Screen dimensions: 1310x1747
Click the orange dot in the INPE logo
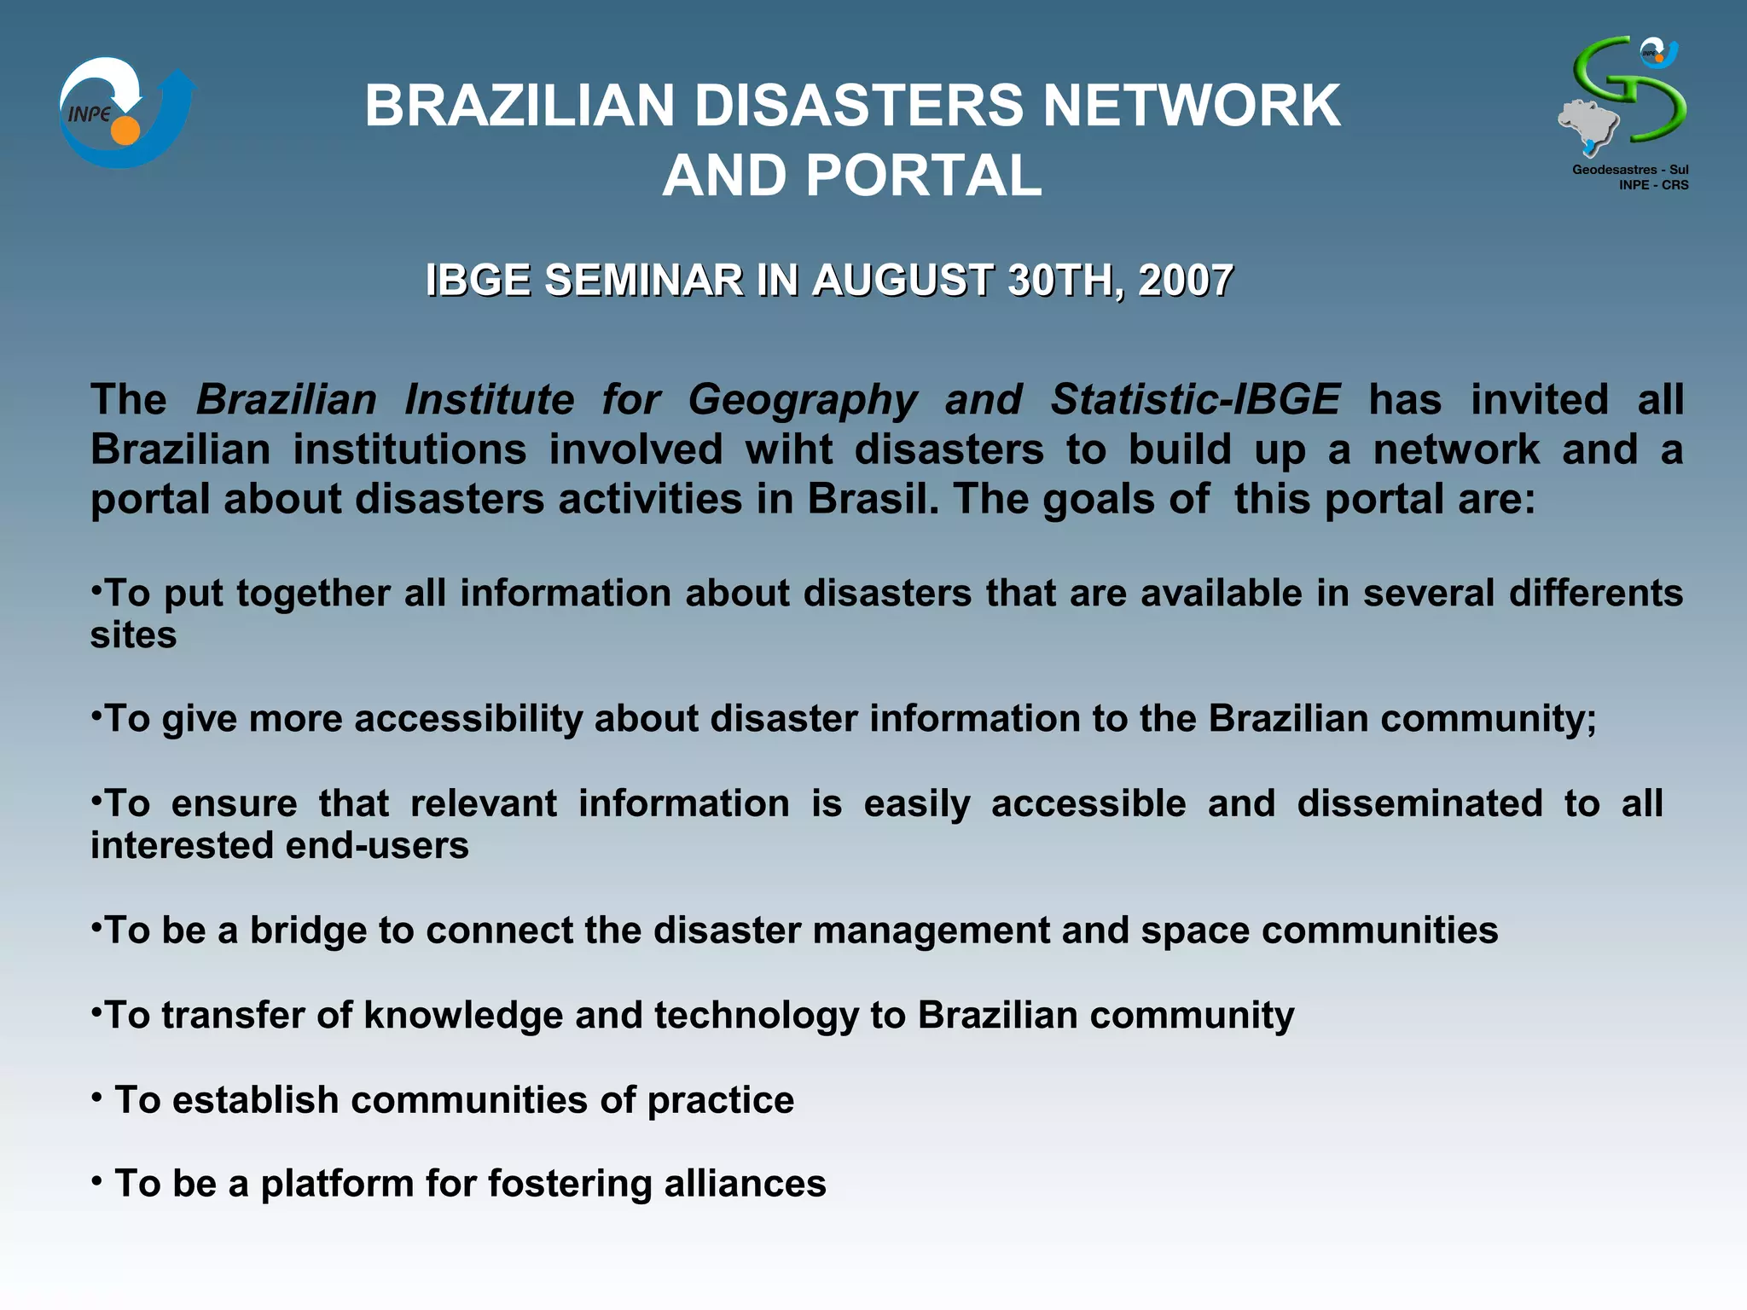125,130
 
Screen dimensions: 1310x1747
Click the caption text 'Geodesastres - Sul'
1630,170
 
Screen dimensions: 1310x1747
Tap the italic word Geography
803,399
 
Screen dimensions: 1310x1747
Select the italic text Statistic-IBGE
1195,399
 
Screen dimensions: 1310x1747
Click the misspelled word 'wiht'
788,449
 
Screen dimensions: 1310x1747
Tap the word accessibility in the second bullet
468,718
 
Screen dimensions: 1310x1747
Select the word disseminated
1419,803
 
